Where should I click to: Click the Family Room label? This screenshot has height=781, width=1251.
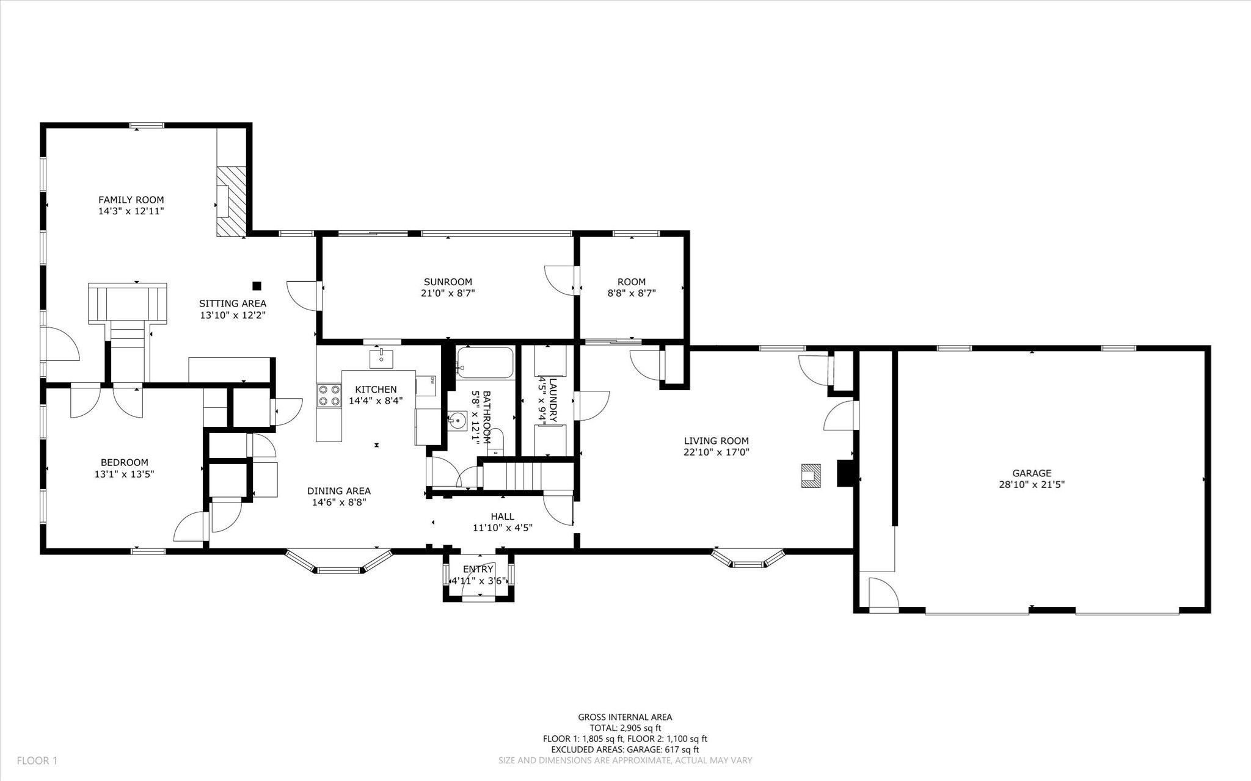(x=131, y=200)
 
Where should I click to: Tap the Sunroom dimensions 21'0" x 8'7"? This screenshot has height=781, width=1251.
(x=448, y=293)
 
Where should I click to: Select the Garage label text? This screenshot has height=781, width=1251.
(x=1031, y=473)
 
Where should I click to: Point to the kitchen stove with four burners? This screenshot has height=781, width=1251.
(x=329, y=394)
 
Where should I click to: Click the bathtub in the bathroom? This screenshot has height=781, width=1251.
(x=486, y=363)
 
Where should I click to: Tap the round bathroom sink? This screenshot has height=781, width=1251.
(x=458, y=421)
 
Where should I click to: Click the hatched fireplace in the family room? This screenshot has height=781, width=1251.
(x=232, y=201)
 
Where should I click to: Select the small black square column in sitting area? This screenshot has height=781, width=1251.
(x=257, y=285)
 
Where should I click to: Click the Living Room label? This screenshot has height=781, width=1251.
(x=716, y=440)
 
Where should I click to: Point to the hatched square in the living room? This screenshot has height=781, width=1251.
(x=811, y=475)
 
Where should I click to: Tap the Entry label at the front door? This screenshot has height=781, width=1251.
(x=478, y=569)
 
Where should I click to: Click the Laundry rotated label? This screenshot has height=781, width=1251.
(x=553, y=401)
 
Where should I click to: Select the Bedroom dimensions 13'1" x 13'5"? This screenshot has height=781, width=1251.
(x=125, y=474)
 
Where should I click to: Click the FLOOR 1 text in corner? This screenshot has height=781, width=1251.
(x=37, y=760)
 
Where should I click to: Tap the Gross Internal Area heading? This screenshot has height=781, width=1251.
(x=625, y=717)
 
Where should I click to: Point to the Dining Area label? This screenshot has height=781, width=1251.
(x=338, y=491)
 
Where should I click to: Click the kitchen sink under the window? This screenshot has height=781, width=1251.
(x=381, y=358)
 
